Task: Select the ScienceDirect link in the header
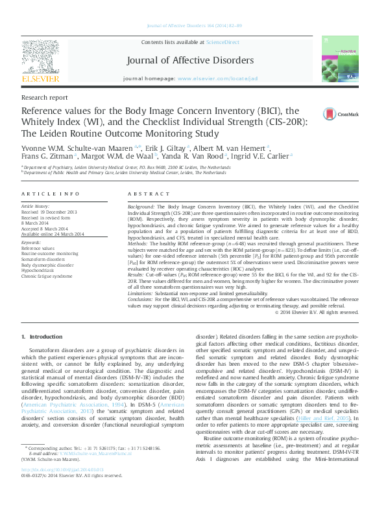223,42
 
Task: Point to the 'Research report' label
44,97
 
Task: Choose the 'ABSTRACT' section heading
144,194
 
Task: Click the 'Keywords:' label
31,242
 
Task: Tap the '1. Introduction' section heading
43,337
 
